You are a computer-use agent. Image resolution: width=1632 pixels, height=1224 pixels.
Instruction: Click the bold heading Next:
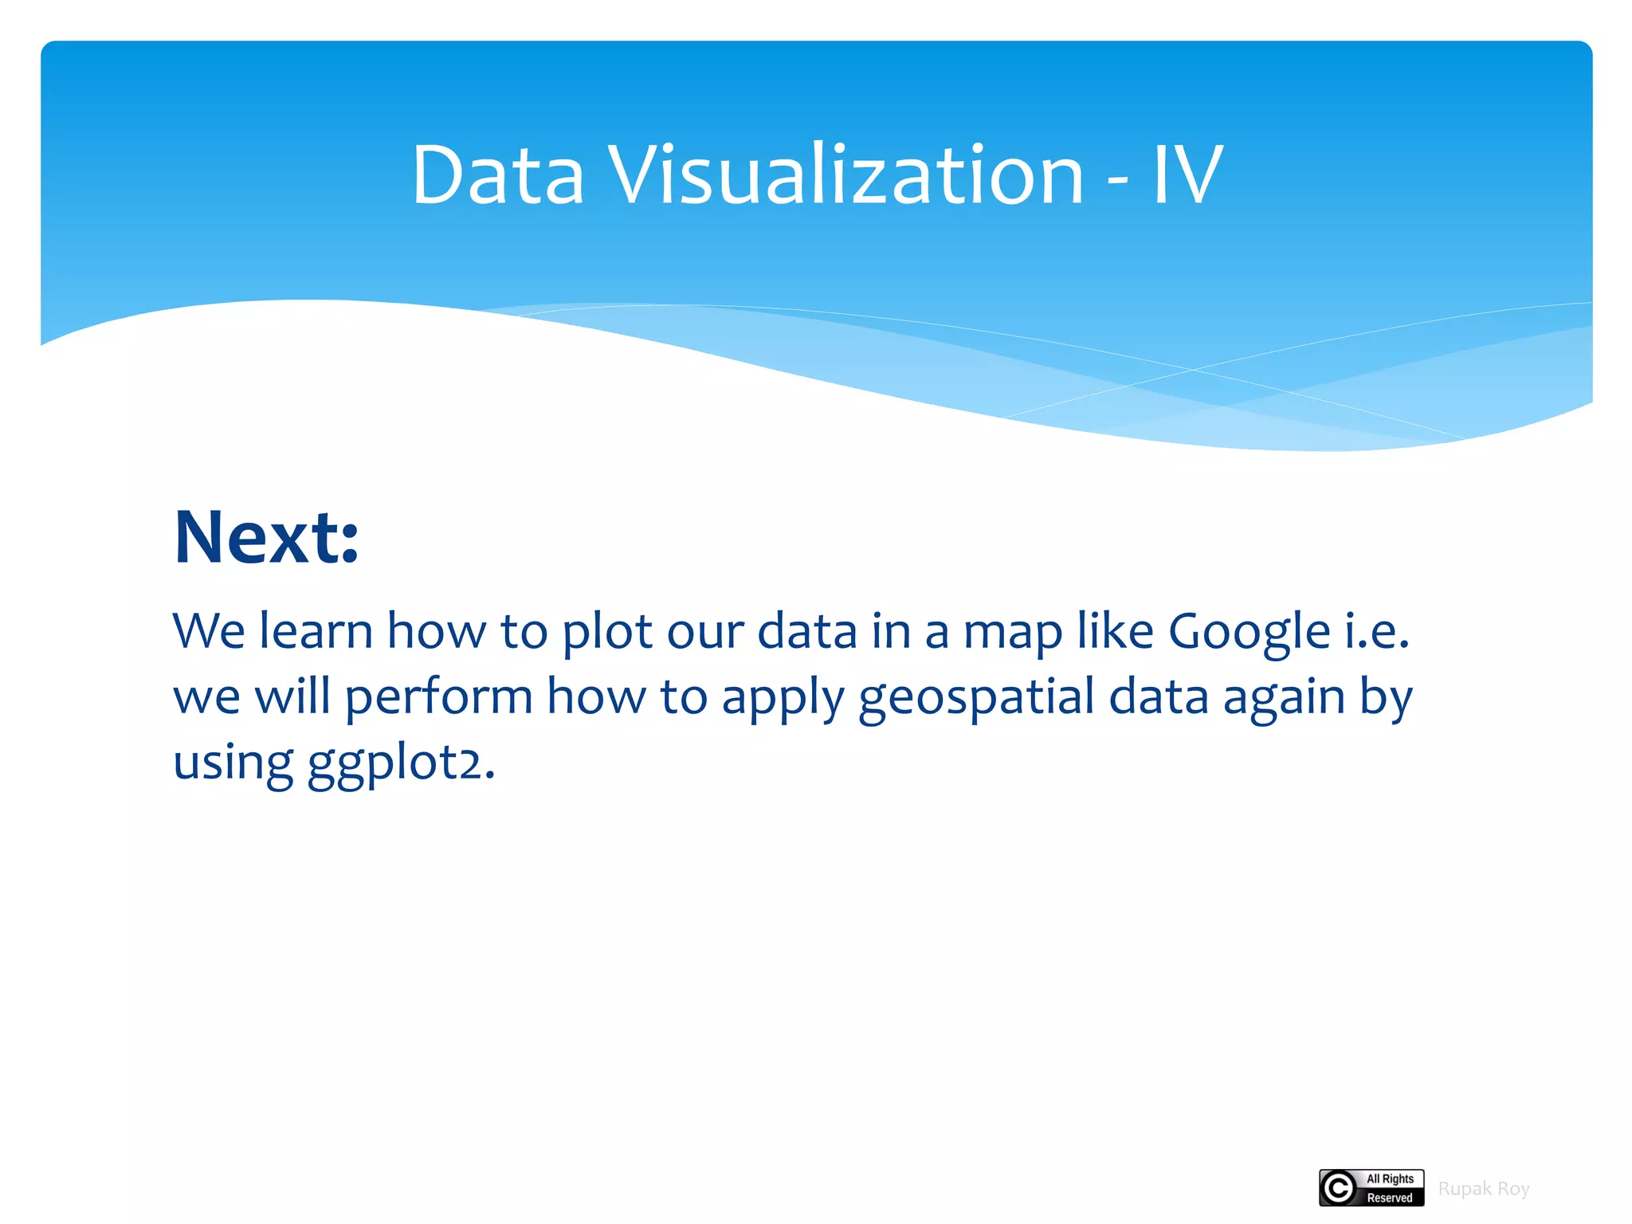click(266, 538)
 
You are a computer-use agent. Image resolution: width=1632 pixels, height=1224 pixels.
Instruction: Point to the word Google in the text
click(1249, 632)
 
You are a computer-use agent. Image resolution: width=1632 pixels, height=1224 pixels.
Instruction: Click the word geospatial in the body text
click(976, 697)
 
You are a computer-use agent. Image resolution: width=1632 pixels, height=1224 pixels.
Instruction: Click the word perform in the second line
click(438, 697)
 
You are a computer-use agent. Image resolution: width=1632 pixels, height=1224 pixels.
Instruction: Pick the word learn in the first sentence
click(316, 631)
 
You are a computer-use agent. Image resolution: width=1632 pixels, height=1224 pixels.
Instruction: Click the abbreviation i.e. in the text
click(1378, 632)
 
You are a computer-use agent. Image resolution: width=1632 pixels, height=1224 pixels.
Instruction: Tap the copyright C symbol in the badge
click(1339, 1188)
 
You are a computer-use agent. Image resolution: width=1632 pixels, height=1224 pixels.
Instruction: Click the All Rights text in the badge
click(1390, 1179)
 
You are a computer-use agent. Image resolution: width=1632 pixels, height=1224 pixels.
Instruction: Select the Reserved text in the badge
click(1390, 1198)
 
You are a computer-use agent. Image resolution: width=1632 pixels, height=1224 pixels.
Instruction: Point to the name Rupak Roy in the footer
click(1483, 1189)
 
